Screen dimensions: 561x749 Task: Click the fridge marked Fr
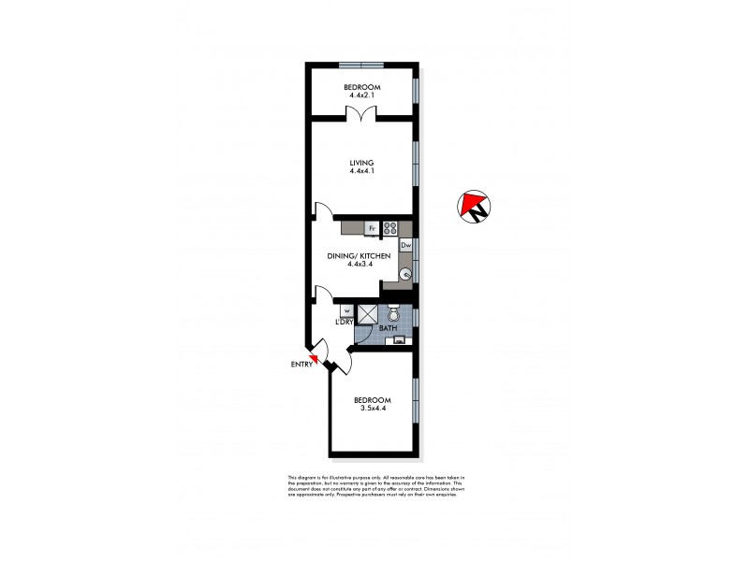372,227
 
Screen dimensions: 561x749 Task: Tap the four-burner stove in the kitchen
390,227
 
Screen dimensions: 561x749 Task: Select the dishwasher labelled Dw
406,246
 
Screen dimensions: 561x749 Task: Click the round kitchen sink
405,274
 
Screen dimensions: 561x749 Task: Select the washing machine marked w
346,310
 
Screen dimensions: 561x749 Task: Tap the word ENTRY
301,364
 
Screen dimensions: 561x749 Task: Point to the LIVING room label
361,163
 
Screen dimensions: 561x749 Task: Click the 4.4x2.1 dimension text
361,95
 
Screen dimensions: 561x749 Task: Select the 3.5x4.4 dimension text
373,408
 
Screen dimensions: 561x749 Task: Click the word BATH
388,329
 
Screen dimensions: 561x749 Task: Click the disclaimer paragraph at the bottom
374,485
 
